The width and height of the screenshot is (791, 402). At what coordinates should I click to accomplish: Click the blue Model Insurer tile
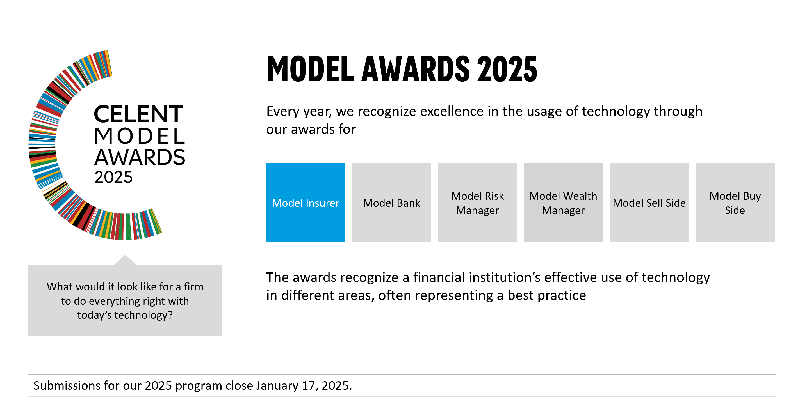306,203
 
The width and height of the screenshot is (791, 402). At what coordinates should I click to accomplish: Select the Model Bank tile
391,203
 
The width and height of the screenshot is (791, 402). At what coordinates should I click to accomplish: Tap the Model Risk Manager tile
477,203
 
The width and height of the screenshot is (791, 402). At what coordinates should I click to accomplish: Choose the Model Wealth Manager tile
563,203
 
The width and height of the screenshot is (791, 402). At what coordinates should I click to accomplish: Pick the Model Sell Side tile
649,203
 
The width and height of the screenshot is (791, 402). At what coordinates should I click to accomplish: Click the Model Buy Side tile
735,203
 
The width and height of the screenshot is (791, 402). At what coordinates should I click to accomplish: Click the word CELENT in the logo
138,114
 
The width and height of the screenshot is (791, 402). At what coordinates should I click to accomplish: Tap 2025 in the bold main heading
507,69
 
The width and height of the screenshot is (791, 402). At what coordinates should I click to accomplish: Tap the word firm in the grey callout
193,287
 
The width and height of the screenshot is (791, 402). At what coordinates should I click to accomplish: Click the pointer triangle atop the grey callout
125,260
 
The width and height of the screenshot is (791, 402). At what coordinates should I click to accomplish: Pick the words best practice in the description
547,295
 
